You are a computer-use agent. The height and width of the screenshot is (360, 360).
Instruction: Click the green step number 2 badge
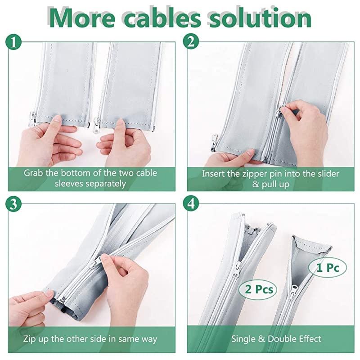pos(191,43)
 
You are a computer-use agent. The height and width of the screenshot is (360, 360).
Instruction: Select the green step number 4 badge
pos(191,203)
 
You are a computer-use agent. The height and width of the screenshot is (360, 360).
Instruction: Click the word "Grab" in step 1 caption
pos(34,173)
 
